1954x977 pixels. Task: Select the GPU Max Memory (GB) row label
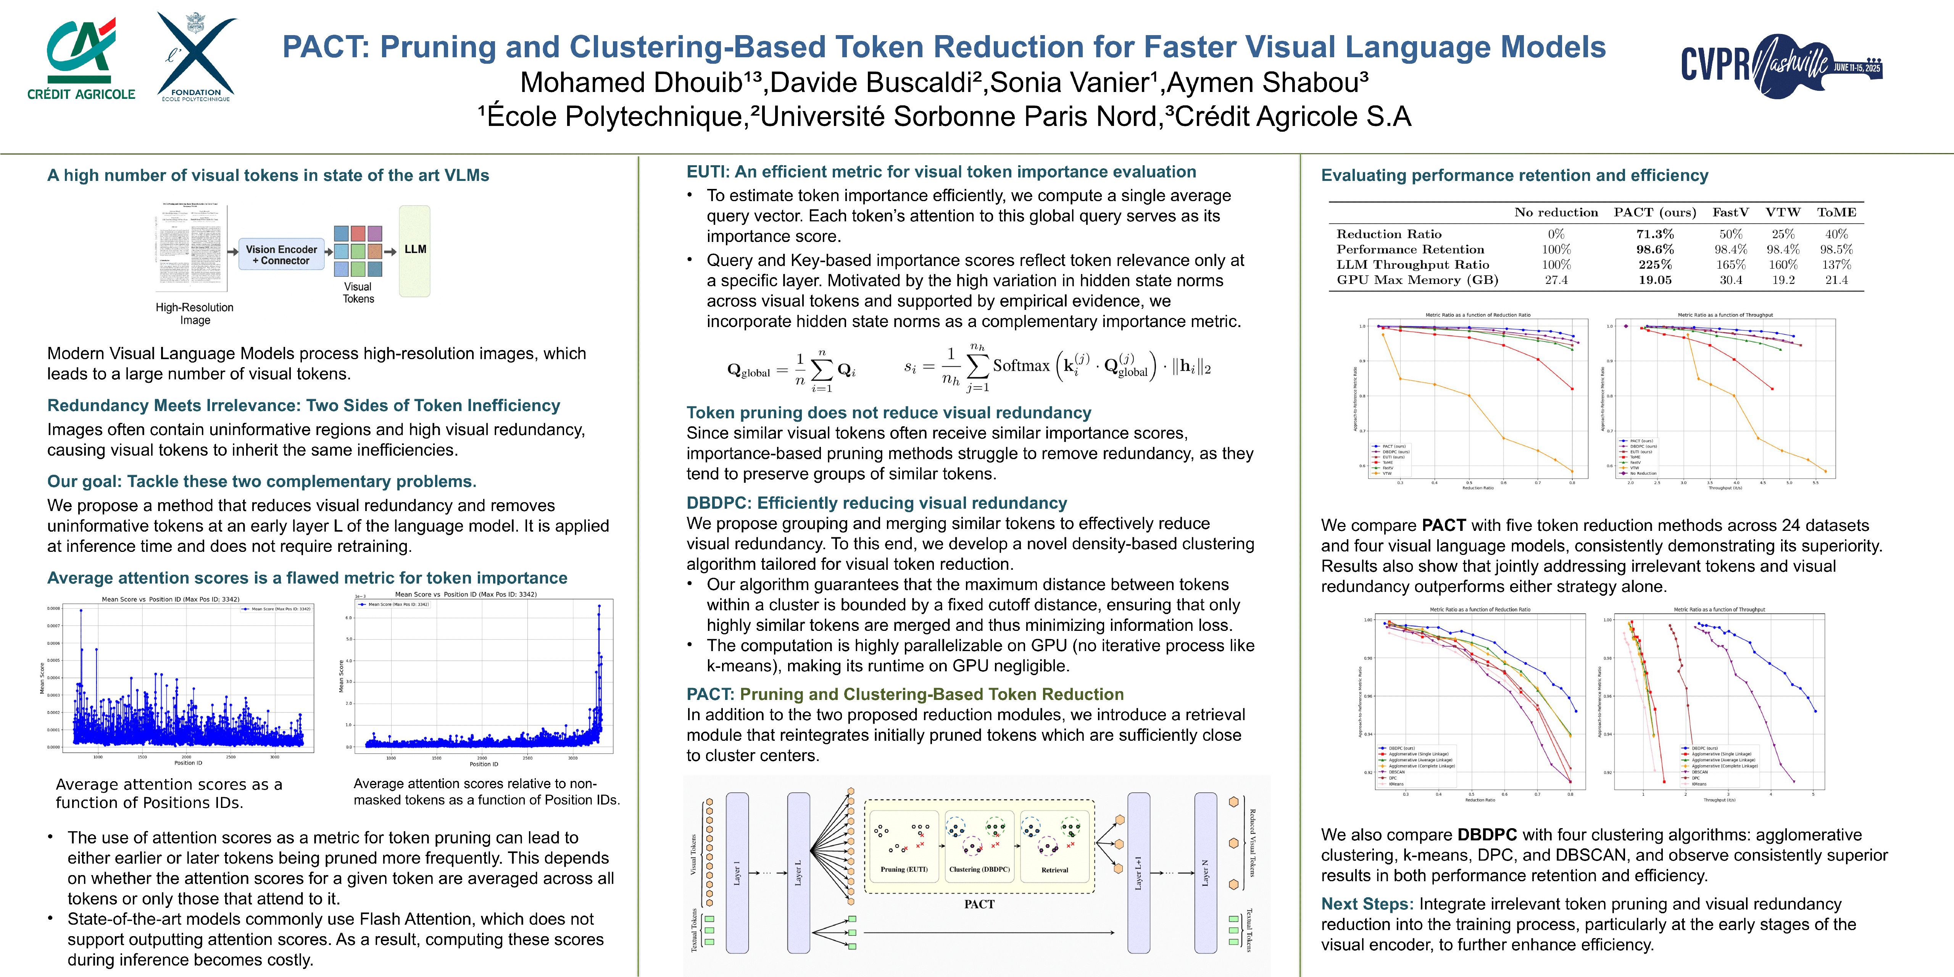[1417, 280]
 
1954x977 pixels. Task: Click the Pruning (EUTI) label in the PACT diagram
[903, 869]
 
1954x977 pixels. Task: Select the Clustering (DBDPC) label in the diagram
[979, 869]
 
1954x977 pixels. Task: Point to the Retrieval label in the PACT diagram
[1054, 870]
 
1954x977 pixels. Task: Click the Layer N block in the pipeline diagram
[1205, 872]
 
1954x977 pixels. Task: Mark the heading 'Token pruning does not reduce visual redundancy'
[888, 413]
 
